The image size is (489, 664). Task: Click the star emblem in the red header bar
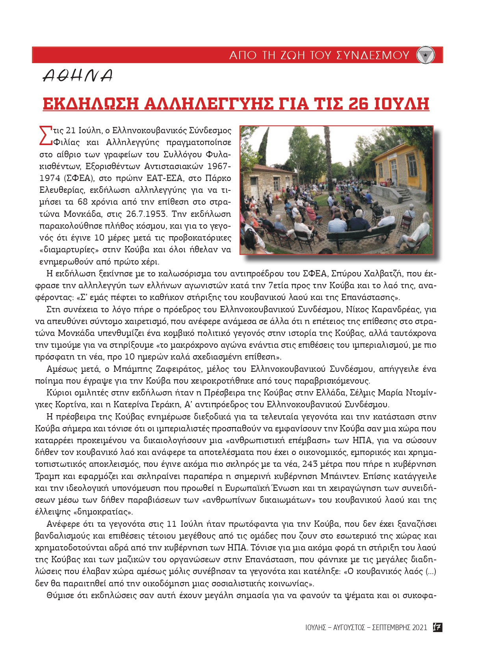coord(425,55)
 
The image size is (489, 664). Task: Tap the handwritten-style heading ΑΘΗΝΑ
coord(78,76)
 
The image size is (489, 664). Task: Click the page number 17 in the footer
coord(437,627)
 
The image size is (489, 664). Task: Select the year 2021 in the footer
coord(419,627)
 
